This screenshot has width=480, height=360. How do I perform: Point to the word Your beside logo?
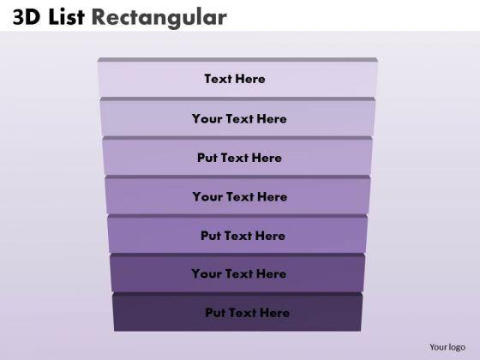point(439,347)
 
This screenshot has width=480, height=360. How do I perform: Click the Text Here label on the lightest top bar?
point(235,79)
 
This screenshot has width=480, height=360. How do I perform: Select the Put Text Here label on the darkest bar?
point(247,313)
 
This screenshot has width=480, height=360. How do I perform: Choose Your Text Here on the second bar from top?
point(239,119)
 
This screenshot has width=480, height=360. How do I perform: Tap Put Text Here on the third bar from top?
point(239,158)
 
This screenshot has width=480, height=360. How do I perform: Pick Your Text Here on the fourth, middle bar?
point(239,196)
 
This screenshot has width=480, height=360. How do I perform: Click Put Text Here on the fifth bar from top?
point(243,236)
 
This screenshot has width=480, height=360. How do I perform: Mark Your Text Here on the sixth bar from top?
point(239,274)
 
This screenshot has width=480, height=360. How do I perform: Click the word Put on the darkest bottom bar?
point(215,313)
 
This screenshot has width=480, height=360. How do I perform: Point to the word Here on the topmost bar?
point(249,79)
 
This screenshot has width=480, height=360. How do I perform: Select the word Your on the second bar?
point(207,119)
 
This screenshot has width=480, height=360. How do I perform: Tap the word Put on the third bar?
point(207,158)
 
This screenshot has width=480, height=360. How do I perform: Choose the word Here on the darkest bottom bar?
point(273,313)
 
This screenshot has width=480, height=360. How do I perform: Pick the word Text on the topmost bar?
point(218,79)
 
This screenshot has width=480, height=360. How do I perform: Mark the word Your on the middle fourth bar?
point(207,196)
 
